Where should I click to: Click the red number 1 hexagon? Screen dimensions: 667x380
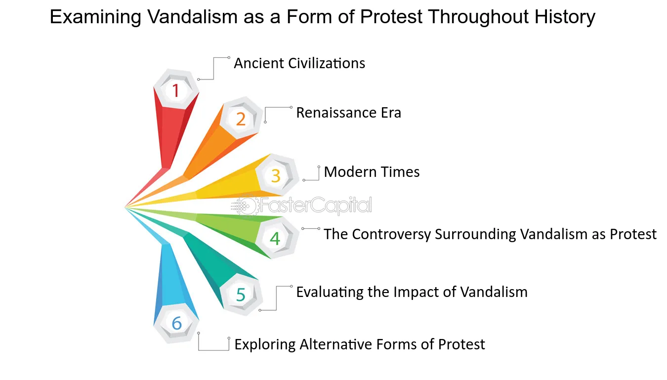176,89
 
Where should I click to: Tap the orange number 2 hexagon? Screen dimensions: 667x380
241,118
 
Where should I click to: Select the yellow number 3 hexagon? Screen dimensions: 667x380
276,175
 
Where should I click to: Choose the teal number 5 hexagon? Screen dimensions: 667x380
241,294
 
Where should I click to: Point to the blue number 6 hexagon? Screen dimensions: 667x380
176,323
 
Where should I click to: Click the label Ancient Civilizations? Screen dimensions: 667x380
299,63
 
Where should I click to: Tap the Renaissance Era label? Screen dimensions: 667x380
349,113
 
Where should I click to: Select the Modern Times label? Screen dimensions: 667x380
372,172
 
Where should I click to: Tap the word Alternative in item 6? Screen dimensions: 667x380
336,344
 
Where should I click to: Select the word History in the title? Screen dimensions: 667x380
565,16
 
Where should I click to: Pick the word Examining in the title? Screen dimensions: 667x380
95,16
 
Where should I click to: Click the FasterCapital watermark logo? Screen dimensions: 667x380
301,206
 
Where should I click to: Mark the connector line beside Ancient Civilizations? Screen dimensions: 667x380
214,69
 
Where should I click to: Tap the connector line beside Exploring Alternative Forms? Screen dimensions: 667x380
213,350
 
